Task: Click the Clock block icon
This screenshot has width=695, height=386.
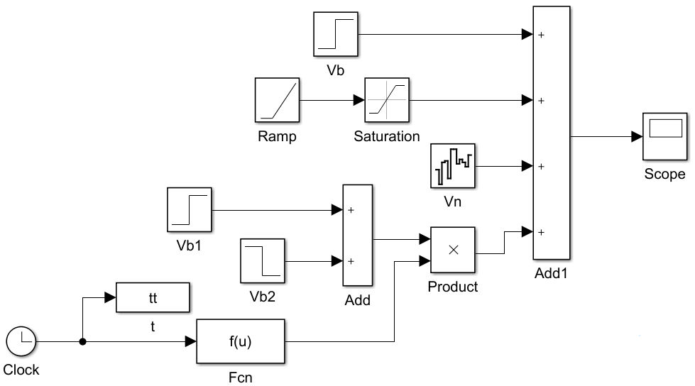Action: click(21, 341)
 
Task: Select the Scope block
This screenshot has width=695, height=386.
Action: click(664, 136)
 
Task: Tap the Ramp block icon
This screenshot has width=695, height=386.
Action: click(277, 100)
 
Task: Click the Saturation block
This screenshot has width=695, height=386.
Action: click(387, 100)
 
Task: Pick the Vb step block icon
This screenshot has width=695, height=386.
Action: click(335, 34)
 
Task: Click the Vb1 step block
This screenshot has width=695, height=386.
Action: click(189, 210)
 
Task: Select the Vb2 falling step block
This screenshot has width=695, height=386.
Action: click(263, 260)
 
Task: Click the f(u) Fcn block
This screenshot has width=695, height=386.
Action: click(241, 342)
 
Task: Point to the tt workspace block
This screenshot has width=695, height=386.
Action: click(153, 297)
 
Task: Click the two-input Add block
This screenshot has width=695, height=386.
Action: click(358, 236)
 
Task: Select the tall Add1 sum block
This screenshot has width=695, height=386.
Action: click(551, 133)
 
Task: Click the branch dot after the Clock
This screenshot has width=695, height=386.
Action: click(82, 342)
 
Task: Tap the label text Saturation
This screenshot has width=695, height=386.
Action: click(387, 136)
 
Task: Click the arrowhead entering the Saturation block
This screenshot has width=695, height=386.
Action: click(359, 100)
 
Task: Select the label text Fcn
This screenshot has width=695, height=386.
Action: click(241, 377)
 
